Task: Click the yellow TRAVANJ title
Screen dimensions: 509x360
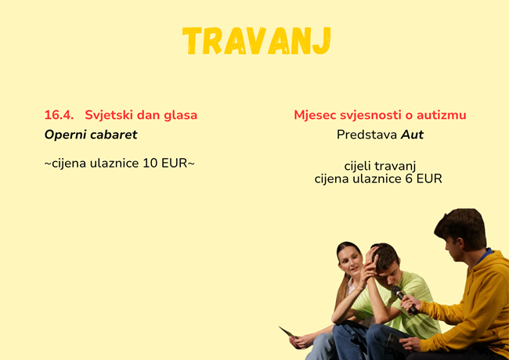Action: (256, 41)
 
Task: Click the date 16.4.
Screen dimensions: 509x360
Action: (59, 115)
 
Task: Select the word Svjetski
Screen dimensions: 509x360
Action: (108, 116)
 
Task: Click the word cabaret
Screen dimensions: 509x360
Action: (114, 135)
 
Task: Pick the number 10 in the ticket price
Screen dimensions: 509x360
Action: (150, 163)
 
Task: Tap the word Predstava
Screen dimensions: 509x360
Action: (366, 135)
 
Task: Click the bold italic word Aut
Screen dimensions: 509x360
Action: (412, 135)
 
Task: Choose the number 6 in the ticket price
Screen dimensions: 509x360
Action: (409, 178)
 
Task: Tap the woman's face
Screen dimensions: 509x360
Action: (351, 261)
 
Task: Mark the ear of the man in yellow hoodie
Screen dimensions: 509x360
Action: (460, 243)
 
